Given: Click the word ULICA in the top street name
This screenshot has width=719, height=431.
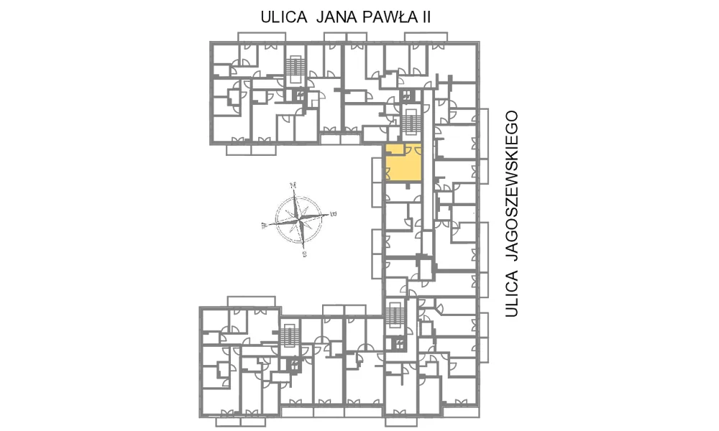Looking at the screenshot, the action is click(x=284, y=17).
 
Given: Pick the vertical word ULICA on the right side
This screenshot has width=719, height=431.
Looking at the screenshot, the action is click(x=512, y=294).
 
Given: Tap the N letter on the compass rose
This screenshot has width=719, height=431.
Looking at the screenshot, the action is click(x=293, y=185).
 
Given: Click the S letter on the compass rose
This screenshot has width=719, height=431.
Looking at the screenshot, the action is click(x=304, y=254).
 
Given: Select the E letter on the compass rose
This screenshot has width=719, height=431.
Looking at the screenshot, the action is click(x=334, y=213).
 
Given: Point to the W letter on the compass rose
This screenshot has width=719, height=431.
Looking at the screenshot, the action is click(x=264, y=226).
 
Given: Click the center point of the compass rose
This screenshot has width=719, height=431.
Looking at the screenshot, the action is click(x=299, y=219).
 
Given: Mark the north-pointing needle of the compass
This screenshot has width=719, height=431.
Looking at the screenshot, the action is click(x=296, y=203).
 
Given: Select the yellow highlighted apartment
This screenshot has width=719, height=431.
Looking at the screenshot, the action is click(x=403, y=163).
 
